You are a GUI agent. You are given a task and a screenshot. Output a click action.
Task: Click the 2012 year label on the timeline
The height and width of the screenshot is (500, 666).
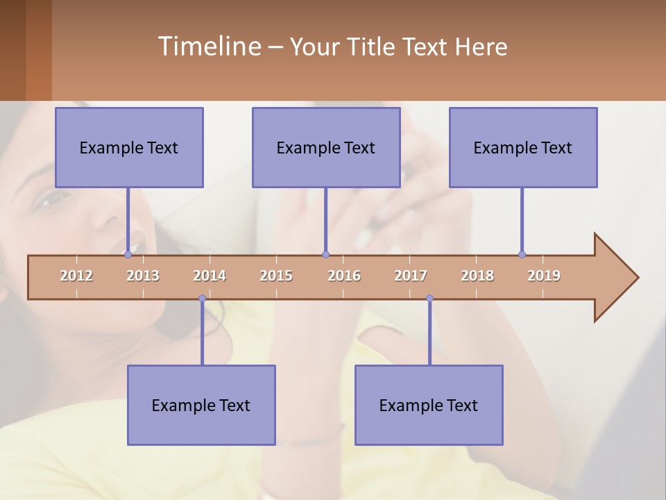[76, 276]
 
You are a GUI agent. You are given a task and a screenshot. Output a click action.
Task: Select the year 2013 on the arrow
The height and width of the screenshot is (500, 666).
[143, 276]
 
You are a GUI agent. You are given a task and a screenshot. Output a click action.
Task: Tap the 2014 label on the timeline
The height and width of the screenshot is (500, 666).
[210, 276]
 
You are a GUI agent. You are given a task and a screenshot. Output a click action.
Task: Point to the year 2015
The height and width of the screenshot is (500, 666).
[276, 276]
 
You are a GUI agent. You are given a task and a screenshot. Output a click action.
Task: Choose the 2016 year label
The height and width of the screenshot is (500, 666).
[344, 276]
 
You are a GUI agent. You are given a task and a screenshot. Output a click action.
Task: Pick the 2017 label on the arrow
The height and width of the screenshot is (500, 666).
[411, 276]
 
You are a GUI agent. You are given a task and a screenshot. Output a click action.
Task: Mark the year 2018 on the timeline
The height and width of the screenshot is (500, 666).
[477, 276]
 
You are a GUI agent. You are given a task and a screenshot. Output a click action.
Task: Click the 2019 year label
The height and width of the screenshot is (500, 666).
[544, 276]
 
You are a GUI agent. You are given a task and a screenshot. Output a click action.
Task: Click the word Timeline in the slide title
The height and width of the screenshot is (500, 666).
[208, 47]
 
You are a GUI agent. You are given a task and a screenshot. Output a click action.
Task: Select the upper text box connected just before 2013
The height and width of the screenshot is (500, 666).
[129, 148]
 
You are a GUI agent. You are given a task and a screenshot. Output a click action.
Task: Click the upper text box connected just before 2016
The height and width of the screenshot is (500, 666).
[326, 148]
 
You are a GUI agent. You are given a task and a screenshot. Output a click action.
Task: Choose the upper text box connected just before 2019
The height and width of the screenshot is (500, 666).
[523, 148]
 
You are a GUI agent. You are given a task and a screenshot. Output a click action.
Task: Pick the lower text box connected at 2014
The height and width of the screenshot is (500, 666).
[201, 406]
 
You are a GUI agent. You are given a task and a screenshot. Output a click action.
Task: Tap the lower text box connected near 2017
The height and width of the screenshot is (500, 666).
[429, 406]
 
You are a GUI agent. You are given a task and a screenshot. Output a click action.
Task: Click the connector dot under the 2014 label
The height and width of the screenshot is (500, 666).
[202, 298]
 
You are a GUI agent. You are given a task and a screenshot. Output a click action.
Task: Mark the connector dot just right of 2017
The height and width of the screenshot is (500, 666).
[429, 298]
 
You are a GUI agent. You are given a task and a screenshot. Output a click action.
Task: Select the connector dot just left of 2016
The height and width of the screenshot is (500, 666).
[326, 254]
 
